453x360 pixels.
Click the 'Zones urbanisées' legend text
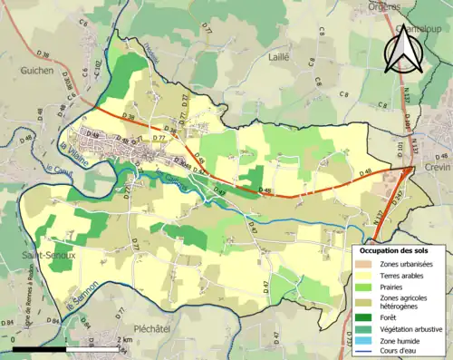pos(407,263)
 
